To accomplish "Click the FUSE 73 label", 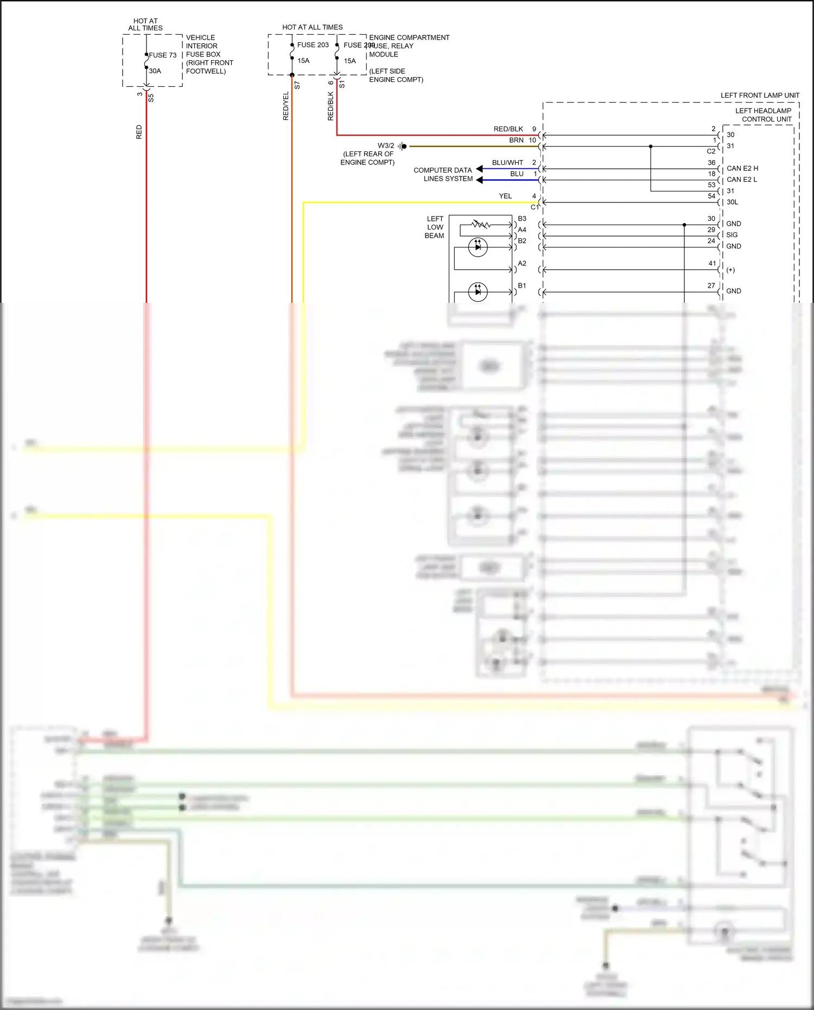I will (163, 55).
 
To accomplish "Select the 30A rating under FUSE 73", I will (155, 71).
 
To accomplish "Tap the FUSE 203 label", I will (313, 45).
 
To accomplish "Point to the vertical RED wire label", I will (139, 132).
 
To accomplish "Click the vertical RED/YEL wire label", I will (286, 106).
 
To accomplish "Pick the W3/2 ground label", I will (386, 145).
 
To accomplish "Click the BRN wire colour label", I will (516, 140).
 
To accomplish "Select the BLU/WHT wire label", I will (507, 162).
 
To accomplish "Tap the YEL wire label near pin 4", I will (505, 196).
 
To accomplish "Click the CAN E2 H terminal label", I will (742, 168).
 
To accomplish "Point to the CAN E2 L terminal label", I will (742, 180).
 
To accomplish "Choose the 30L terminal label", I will (732, 202).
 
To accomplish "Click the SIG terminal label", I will (732, 235).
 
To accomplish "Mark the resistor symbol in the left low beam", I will (481, 224).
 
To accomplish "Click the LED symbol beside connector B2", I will (478, 247).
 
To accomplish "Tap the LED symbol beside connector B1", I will (478, 291).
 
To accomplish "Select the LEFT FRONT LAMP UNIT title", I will (760, 96).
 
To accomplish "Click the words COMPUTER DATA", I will (442, 170).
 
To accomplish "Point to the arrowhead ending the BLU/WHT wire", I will (479, 169).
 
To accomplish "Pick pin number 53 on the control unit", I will (711, 185).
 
